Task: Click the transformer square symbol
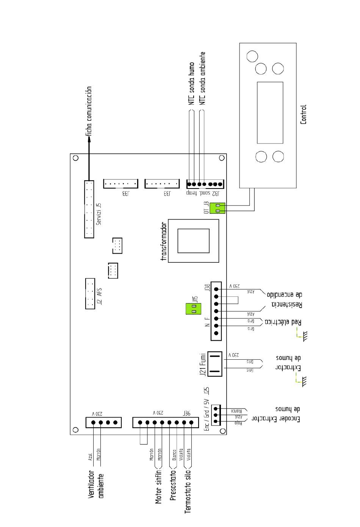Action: tap(193, 241)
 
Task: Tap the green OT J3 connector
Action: tap(220, 208)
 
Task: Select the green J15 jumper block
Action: tap(193, 309)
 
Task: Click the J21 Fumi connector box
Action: tap(214, 364)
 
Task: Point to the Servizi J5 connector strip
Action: tap(89, 209)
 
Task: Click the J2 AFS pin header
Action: tap(90, 294)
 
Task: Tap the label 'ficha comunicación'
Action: tap(89, 111)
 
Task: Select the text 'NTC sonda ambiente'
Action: tap(203, 78)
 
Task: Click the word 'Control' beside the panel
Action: tap(303, 115)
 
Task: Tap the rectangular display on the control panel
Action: tap(270, 113)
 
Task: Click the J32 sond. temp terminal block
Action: tap(205, 184)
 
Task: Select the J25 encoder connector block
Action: tap(216, 415)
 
